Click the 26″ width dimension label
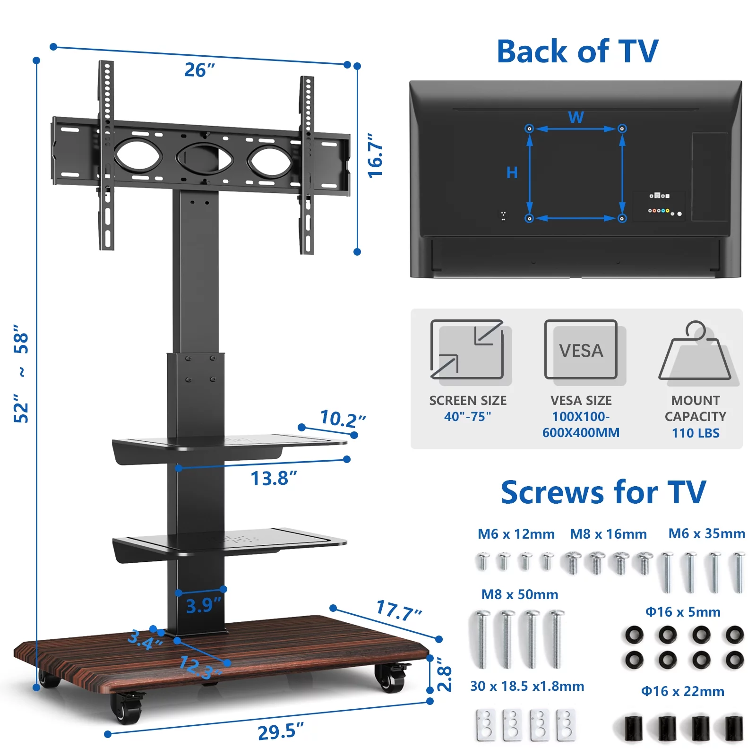199,70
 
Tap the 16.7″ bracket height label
376,155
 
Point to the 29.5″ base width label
281,731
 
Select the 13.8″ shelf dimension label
274,478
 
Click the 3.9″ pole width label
204,606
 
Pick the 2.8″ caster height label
444,674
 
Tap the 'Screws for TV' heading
603,492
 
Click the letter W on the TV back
576,117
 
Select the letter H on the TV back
512,172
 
